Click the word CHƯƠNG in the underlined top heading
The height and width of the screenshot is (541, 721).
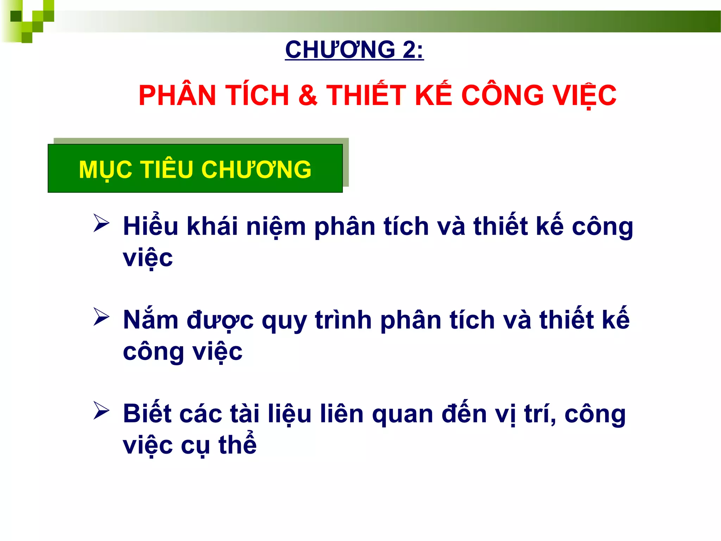[x=340, y=50]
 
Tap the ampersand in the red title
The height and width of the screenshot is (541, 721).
[x=308, y=95]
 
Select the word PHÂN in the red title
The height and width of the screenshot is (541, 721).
[x=177, y=95]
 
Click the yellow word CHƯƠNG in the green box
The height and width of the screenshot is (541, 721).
[x=256, y=170]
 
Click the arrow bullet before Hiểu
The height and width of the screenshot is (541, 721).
[x=101, y=223]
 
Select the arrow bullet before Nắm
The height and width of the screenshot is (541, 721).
[x=101, y=317]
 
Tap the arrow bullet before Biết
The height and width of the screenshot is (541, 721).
[x=101, y=411]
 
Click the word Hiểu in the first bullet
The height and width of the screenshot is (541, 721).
[x=151, y=226]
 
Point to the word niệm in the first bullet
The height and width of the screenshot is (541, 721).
[x=276, y=226]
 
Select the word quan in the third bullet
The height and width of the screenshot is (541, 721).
[x=402, y=414]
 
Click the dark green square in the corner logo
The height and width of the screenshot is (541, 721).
[x=16, y=16]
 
